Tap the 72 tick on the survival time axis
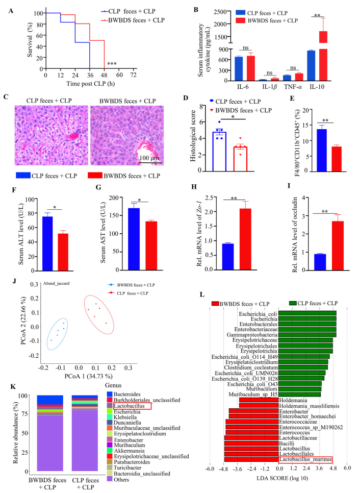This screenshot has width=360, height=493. point(134,75)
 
